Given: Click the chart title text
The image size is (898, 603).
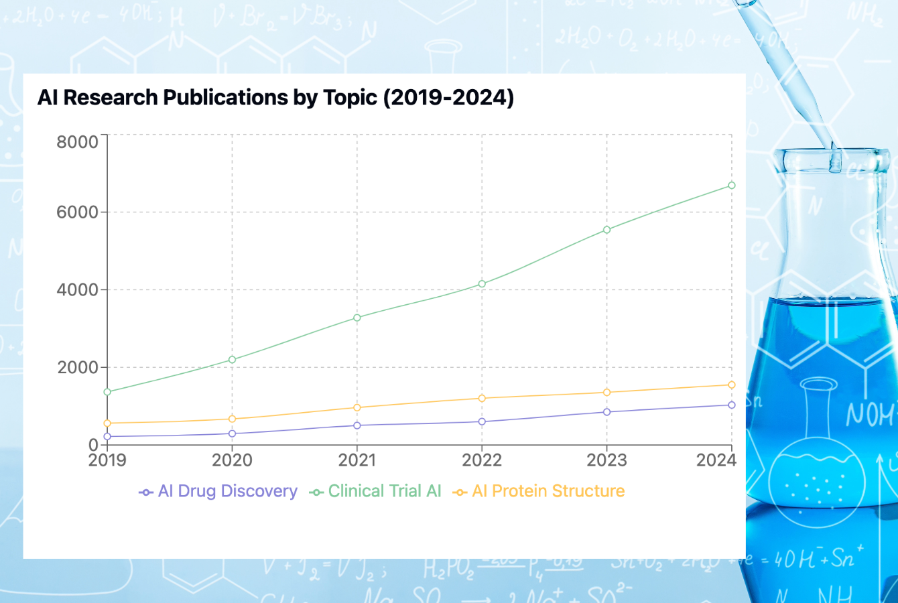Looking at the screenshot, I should (x=275, y=98).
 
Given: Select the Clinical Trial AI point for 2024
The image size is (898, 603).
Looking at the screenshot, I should (x=732, y=186).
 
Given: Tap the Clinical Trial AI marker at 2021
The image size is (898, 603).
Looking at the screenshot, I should (x=357, y=318).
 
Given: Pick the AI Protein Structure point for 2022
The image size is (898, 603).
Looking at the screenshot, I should (x=482, y=399).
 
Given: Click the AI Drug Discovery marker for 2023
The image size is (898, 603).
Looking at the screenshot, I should (x=607, y=412).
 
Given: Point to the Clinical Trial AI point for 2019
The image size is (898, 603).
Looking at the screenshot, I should (x=107, y=392).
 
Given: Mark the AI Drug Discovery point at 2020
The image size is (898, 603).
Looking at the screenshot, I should (x=233, y=433).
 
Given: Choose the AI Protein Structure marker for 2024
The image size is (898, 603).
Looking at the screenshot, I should (x=732, y=385).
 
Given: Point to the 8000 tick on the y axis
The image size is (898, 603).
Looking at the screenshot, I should (x=78, y=141).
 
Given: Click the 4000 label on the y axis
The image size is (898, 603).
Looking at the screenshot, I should (x=78, y=290).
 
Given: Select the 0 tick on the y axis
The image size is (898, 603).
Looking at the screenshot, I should (x=94, y=445).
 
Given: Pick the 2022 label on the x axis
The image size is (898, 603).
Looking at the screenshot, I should (x=482, y=460).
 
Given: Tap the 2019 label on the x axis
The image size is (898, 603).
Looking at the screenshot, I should (x=107, y=460).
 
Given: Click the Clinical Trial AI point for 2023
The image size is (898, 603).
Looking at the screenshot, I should (x=607, y=230).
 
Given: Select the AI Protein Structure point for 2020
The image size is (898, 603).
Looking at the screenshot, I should (x=233, y=419).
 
